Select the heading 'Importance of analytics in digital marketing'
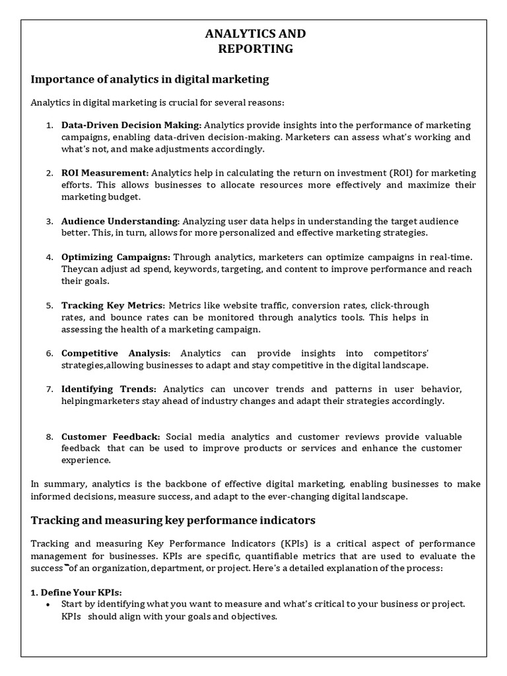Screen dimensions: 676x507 coord(150,79)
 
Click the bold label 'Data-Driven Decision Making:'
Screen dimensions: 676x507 coord(131,125)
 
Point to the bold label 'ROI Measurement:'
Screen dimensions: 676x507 coord(106,173)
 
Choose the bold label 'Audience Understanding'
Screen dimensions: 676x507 coord(119,221)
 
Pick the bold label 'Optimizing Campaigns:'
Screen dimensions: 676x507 coord(116,257)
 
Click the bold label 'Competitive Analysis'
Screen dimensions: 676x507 coord(116,353)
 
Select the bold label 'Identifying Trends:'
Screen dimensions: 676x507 coord(109,389)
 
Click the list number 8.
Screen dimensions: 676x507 coord(49,437)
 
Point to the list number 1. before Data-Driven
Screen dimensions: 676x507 coord(49,125)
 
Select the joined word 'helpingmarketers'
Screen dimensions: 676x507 coord(96,401)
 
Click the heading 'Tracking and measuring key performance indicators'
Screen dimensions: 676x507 coord(173,520)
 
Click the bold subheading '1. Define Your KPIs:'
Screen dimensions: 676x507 coord(77,592)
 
